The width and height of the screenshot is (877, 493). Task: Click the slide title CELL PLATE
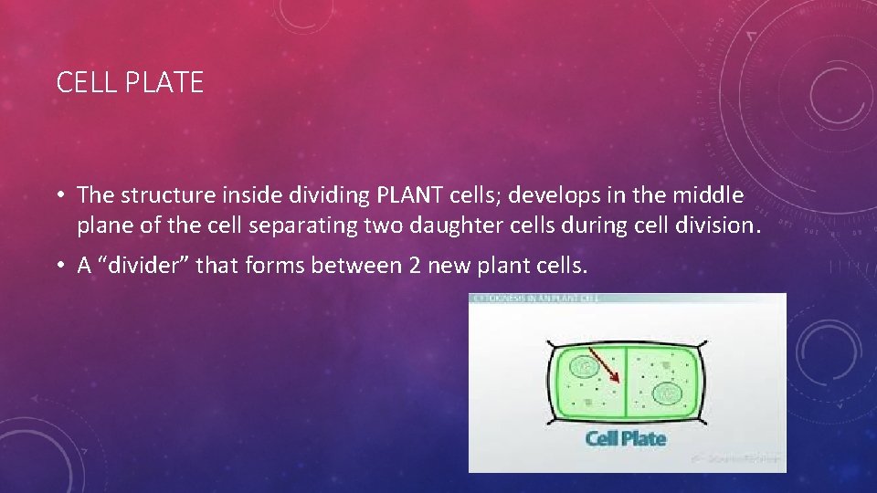[130, 83]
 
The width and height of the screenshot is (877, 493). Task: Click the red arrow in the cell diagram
[604, 364]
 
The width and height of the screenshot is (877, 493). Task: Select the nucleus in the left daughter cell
[581, 367]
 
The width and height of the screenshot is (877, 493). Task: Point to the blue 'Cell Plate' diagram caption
[626, 439]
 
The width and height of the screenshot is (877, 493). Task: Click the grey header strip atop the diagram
[627, 299]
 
